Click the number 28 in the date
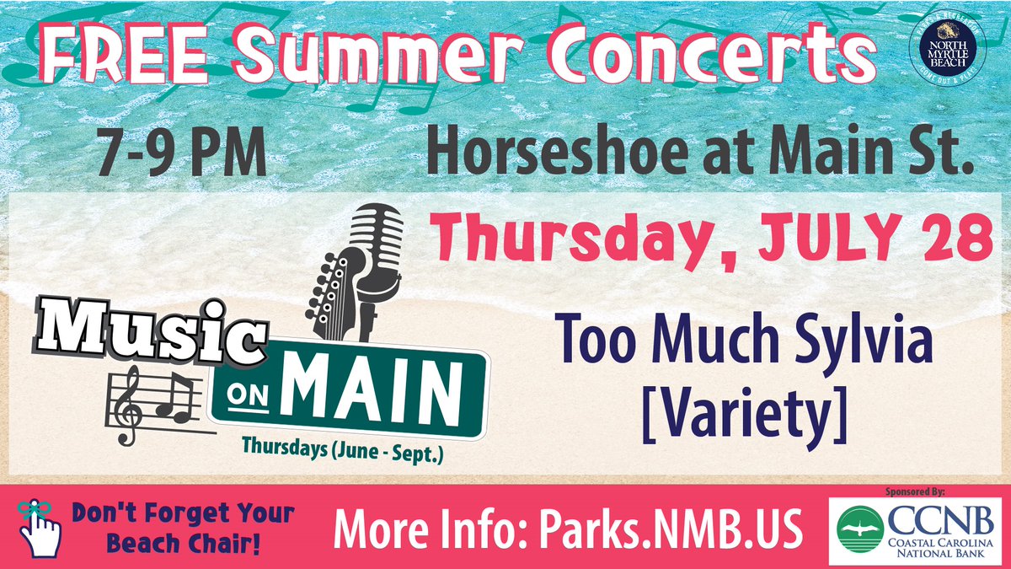click(955, 239)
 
